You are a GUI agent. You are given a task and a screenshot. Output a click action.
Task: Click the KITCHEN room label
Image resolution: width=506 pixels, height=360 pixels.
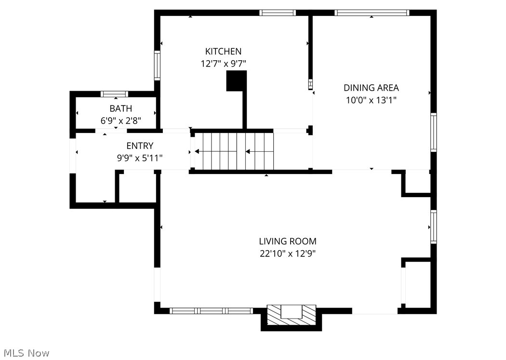click(223, 51)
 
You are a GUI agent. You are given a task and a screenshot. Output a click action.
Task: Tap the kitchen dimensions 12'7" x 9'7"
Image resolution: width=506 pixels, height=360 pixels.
click(223, 63)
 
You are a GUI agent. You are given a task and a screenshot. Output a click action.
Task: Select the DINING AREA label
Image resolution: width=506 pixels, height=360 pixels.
click(371, 88)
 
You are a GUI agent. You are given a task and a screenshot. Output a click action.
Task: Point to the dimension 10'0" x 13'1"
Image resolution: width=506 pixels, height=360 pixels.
click(371, 100)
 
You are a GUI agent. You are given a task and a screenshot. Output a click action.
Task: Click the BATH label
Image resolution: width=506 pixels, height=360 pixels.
click(120, 108)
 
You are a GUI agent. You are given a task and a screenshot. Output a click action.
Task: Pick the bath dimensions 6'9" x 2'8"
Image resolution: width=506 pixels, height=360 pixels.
click(120, 120)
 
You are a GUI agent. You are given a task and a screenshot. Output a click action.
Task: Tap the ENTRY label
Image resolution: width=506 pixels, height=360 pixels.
click(140, 146)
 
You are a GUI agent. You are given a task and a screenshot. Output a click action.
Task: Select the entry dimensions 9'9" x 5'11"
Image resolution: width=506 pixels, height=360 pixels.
click(140, 157)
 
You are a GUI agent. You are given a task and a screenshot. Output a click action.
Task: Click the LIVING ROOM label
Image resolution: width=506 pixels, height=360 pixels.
click(288, 241)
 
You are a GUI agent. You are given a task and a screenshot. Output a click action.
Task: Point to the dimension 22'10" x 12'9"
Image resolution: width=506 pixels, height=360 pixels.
click(288, 253)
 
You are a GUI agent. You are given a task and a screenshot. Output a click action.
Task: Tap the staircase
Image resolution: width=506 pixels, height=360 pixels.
click(233, 151)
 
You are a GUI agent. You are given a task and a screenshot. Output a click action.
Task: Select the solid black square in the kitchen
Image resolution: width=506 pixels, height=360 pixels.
click(236, 80)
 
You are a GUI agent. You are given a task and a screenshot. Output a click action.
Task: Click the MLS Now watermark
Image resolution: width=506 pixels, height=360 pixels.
click(25, 353)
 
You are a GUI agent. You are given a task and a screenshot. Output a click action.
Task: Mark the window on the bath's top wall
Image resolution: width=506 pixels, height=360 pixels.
click(114, 93)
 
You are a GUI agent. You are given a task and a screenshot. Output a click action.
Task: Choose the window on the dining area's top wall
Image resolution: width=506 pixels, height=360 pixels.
click(372, 13)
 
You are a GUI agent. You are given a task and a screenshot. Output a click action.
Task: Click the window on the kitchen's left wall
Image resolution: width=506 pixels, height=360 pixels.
click(157, 65)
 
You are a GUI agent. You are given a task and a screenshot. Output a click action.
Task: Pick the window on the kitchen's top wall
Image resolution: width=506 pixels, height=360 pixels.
click(278, 13)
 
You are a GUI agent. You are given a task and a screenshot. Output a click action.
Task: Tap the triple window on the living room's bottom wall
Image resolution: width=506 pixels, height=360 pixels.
click(212, 311)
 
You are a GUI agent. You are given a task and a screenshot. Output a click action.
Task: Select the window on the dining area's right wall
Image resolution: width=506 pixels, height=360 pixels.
click(433, 132)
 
